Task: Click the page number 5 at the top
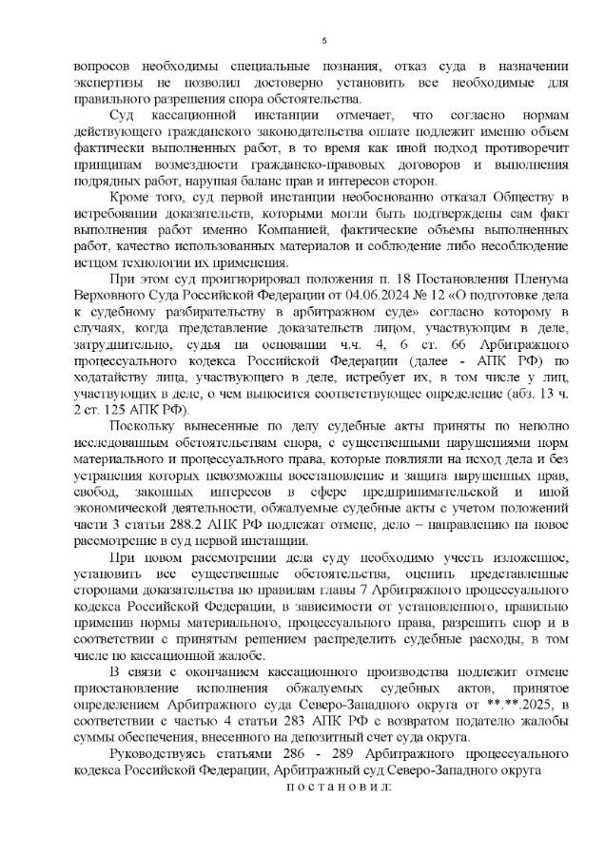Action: pos(324,39)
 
